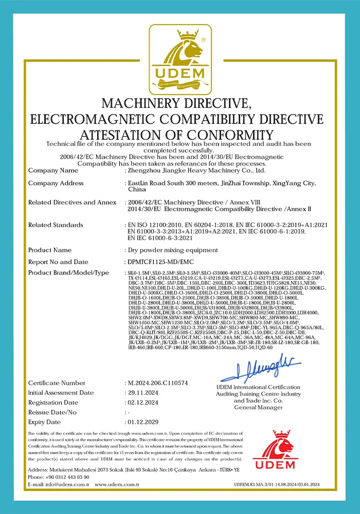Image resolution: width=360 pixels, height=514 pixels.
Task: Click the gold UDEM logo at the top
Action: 180,59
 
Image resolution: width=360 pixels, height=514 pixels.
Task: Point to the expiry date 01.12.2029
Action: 143,422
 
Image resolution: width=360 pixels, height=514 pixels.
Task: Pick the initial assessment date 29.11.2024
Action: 143,393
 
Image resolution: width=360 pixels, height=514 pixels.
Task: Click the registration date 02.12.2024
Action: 143,402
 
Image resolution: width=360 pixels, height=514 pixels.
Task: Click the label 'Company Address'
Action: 56,183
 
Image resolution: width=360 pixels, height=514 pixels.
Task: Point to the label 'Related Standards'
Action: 56,225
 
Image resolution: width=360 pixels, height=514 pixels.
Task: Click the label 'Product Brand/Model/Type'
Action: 68,272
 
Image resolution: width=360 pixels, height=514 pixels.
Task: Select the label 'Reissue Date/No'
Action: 52,412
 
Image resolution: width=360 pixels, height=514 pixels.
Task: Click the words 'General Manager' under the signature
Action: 258,407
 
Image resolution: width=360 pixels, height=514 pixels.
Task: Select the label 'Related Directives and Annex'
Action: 72,203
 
